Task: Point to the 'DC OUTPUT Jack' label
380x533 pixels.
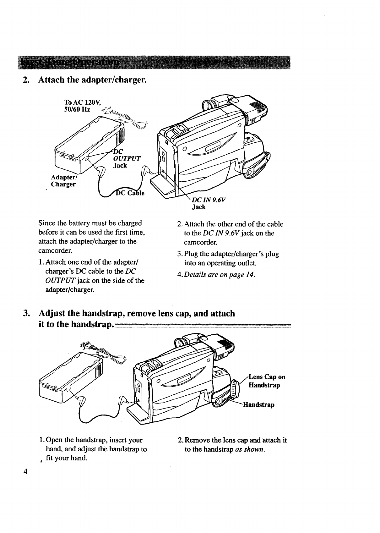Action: pos(126,158)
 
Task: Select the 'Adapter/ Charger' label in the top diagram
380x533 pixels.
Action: pos(63,180)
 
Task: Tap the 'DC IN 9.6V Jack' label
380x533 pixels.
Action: pos(209,203)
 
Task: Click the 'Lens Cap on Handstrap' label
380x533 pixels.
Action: pos(266,381)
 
